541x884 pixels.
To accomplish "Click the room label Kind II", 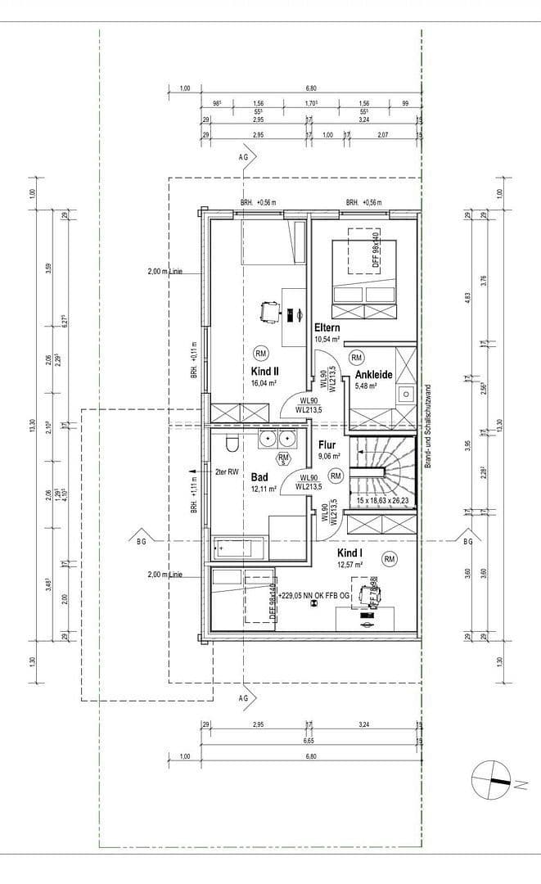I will coord(266,370).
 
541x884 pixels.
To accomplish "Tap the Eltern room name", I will coord(327,327).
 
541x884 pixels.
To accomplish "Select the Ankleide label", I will coord(374,375).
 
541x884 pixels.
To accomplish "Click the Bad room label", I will coord(260,476).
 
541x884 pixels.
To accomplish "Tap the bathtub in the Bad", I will coord(241,548).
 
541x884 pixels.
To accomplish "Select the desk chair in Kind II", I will coord(268,311).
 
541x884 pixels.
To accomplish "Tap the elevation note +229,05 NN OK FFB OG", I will coord(316,597).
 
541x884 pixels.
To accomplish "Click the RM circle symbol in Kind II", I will coord(261,353).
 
